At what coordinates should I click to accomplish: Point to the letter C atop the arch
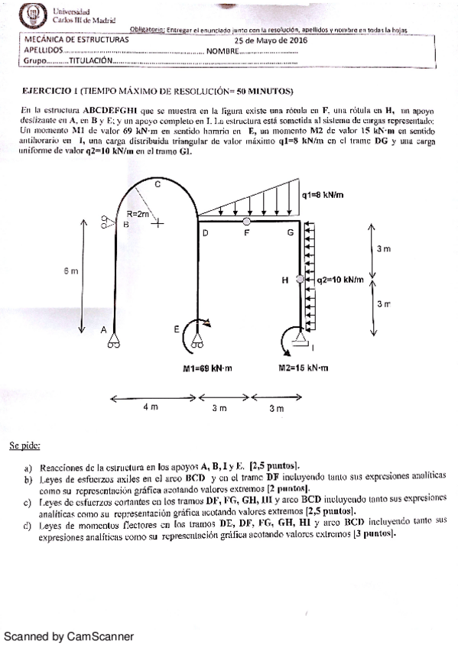[x=158, y=184]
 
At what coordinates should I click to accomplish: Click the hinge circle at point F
[x=246, y=221]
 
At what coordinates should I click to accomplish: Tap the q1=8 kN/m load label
[x=323, y=195]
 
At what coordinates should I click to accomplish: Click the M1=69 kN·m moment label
[x=207, y=368]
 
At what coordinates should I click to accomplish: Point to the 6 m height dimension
[x=70, y=271]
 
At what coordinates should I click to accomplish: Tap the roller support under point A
[x=113, y=342]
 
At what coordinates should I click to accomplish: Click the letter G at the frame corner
[x=290, y=232]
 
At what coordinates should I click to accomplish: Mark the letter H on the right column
[x=286, y=280]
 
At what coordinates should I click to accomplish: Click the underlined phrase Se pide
[x=24, y=445]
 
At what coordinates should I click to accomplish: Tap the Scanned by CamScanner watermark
[x=69, y=636]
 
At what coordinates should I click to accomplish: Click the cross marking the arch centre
[x=158, y=224]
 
